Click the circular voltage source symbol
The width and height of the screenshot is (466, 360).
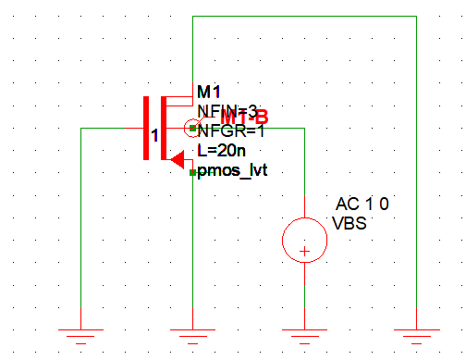[304, 238]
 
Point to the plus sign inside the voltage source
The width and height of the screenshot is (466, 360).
[304, 250]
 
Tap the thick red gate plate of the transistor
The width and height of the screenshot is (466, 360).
[145, 127]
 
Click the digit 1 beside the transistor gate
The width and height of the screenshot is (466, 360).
[154, 135]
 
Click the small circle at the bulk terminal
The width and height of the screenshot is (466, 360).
[192, 129]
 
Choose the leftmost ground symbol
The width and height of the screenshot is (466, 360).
[80, 335]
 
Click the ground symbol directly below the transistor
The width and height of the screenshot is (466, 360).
[190, 335]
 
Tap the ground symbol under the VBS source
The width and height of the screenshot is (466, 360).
[304, 335]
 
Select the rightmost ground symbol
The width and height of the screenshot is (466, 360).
[417, 335]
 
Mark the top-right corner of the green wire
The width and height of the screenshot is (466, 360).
[417, 17]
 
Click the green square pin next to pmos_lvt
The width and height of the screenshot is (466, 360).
[191, 171]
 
